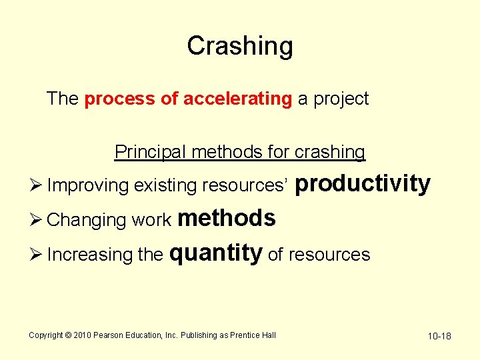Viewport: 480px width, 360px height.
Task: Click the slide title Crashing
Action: (x=240, y=46)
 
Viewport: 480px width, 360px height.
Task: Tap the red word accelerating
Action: (x=237, y=99)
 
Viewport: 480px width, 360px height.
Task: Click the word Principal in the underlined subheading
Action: (x=150, y=152)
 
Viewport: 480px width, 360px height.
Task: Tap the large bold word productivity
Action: (x=362, y=183)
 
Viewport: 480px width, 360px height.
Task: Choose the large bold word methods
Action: (x=227, y=218)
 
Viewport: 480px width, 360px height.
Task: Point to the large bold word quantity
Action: (x=217, y=253)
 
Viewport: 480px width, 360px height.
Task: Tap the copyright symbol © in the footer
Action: (x=67, y=335)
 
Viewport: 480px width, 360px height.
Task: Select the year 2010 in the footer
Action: (x=81, y=335)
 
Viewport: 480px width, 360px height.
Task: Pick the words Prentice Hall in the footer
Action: (x=253, y=335)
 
